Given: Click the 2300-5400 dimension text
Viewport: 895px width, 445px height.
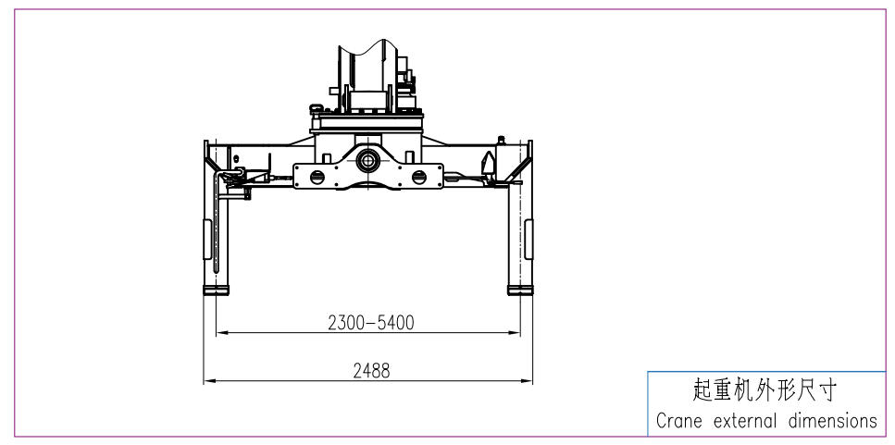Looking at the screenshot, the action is coord(371,323).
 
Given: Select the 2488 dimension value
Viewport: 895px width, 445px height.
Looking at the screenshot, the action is coord(371,371).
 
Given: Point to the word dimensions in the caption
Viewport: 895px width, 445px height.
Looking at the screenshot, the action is coord(833,421).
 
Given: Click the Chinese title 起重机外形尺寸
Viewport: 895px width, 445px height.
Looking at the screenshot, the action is coord(764,390).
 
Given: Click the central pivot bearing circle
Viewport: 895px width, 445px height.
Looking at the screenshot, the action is coord(368,162).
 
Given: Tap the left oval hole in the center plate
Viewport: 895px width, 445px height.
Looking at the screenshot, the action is coord(317,177).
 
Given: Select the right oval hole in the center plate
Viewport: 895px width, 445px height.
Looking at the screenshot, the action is coord(419,177).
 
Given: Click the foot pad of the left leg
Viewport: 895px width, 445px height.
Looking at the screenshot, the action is coord(216,290).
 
